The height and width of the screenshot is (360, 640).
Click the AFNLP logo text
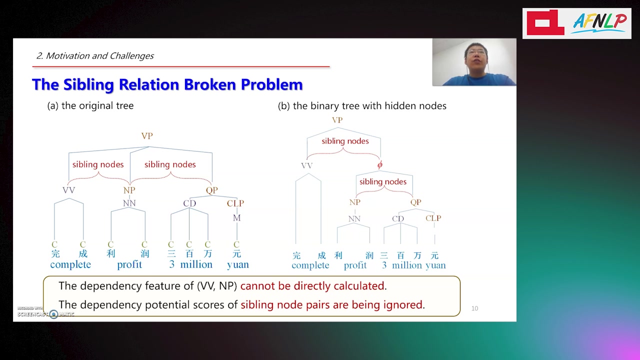pos(599,23)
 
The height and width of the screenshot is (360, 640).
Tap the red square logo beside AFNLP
pos(545,22)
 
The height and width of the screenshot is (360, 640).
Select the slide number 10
pos(474,308)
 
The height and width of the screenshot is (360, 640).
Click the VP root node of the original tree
pos(147,135)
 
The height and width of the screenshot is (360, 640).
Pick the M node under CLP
pos(236,217)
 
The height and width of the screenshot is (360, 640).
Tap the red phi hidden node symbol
pos(379,165)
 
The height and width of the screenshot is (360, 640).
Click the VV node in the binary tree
pos(307,165)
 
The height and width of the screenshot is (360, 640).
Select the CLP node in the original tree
pos(235,203)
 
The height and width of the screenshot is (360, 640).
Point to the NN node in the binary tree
pos(354,218)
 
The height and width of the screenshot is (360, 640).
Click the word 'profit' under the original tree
pos(129,264)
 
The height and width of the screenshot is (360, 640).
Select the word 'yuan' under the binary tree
pos(435,265)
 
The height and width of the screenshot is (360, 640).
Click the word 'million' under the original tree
pos(196,264)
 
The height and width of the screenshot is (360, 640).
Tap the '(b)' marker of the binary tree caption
pos(284,106)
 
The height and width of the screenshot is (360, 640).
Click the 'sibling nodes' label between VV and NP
pos(98,164)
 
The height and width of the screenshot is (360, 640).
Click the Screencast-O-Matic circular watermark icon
pos(53,314)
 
